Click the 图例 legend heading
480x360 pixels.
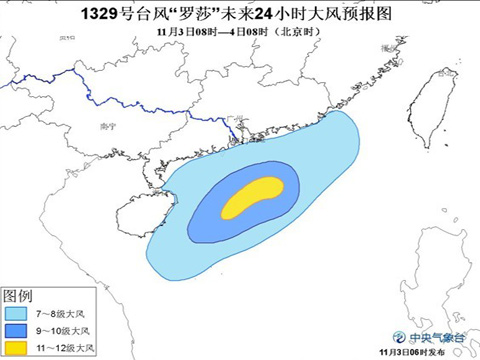click(19, 297)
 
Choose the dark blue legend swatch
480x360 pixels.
click(17, 331)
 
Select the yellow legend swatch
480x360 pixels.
click(17, 347)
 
